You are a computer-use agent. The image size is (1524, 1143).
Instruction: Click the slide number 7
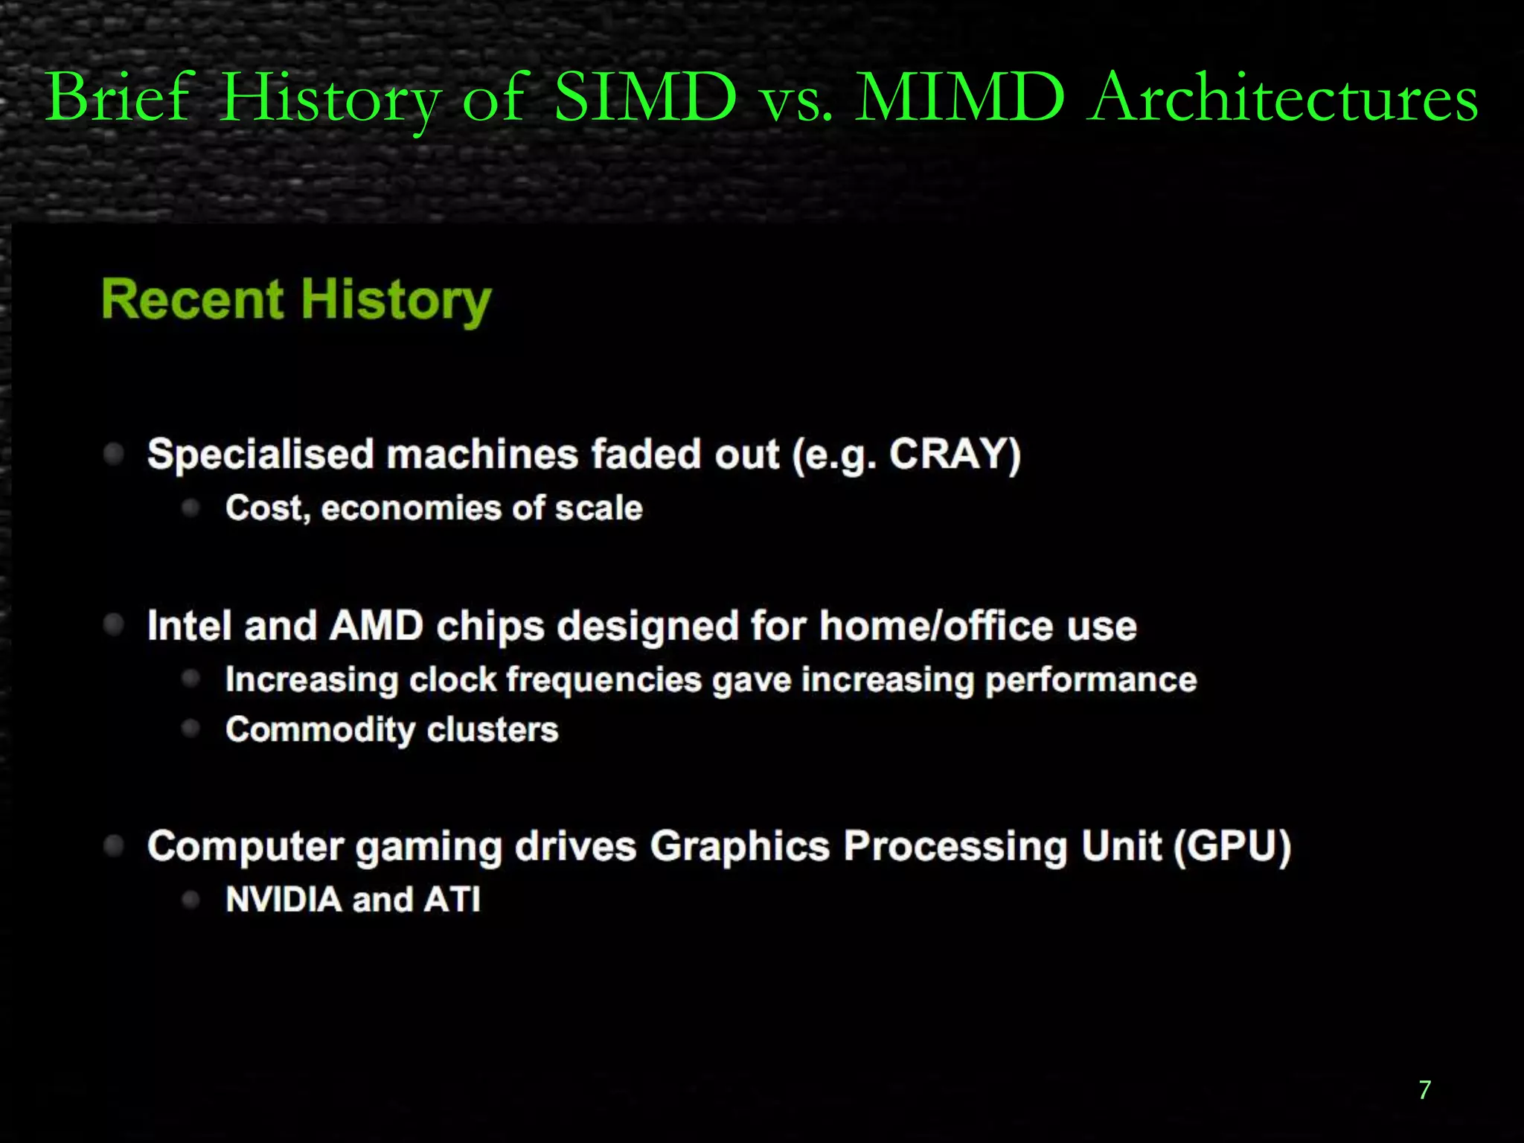click(x=1424, y=1090)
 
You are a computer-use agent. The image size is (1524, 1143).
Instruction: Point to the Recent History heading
click(x=296, y=301)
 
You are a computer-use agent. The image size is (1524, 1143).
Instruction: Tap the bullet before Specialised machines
click(x=114, y=453)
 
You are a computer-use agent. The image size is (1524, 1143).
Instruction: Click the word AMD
click(x=376, y=625)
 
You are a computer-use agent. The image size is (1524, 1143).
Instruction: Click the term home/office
click(x=936, y=625)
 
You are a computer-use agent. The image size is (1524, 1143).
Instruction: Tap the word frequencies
click(x=603, y=680)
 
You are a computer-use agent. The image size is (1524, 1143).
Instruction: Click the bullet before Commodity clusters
click(x=191, y=729)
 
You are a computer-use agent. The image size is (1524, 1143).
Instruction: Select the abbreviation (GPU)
click(x=1232, y=846)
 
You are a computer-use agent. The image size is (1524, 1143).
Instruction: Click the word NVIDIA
click(x=284, y=899)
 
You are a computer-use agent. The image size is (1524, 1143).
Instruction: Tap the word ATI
click(x=452, y=899)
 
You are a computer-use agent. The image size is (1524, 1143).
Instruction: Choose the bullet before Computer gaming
click(x=114, y=845)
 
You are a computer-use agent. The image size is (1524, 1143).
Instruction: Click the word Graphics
click(x=739, y=846)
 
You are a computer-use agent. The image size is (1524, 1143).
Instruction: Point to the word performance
click(x=1091, y=680)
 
